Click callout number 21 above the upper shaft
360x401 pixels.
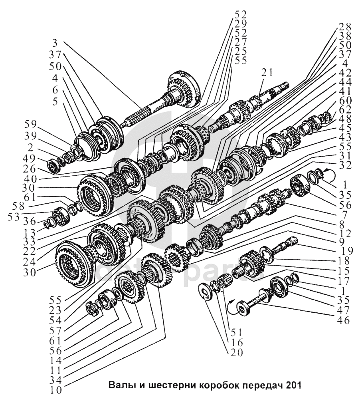267,73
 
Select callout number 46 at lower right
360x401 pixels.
343,320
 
